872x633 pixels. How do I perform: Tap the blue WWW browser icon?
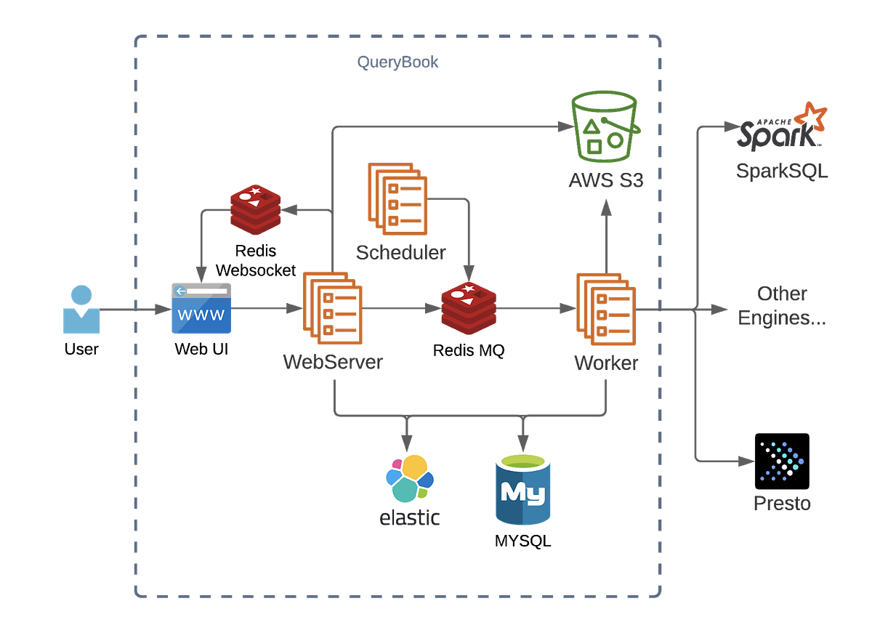point(201,308)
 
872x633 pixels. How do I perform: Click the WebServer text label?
point(333,362)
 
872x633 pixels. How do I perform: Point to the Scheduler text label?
point(400,252)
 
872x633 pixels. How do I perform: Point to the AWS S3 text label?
point(605,180)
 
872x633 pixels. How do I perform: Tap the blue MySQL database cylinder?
point(522,488)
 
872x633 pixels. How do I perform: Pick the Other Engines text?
point(782,306)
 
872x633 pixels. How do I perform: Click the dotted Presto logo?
point(782,461)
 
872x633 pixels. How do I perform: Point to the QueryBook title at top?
point(397,63)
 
